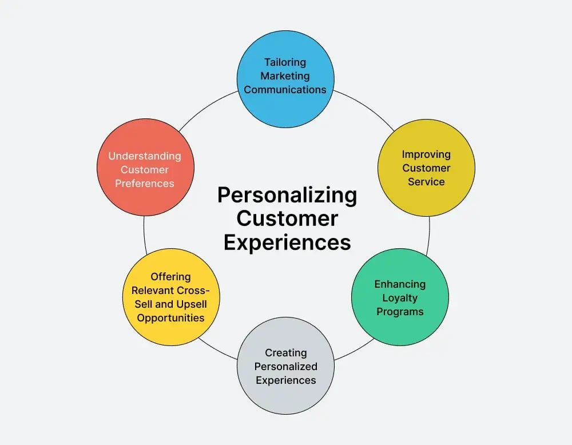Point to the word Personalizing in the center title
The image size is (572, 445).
click(x=287, y=196)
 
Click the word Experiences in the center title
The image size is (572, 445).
click(x=287, y=242)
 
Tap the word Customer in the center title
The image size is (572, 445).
click(x=287, y=218)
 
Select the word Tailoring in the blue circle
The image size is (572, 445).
click(x=285, y=62)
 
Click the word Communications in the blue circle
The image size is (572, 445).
click(x=285, y=89)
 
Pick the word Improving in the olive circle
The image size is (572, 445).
click(x=426, y=154)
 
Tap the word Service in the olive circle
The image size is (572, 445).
click(x=426, y=182)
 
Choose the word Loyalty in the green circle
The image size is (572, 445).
click(x=400, y=298)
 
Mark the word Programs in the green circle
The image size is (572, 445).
click(x=400, y=312)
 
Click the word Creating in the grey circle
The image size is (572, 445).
click(x=285, y=353)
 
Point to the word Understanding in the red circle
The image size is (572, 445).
click(x=145, y=156)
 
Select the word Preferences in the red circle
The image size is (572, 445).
click(x=145, y=184)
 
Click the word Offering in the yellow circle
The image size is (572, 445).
click(x=170, y=277)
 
